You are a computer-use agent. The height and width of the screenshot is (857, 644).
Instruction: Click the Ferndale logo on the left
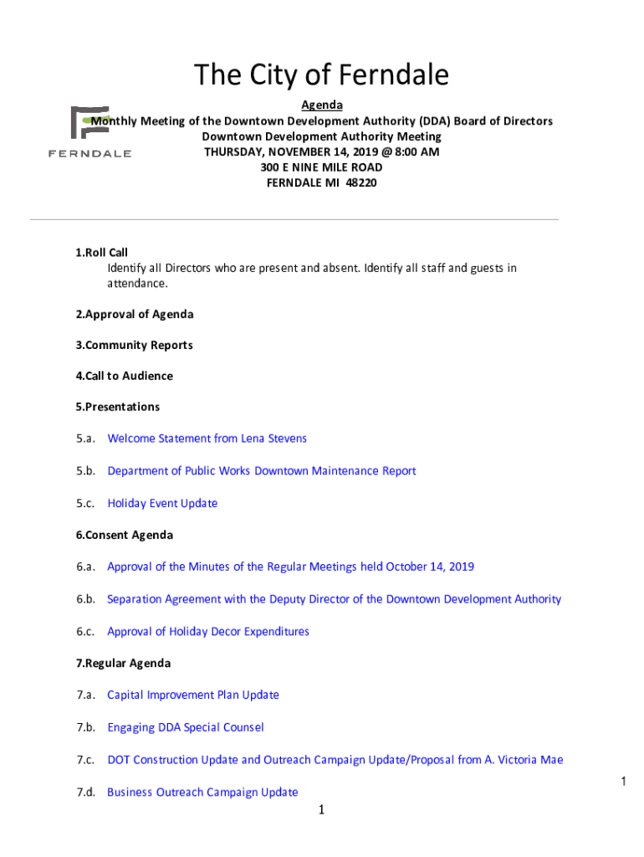(x=89, y=132)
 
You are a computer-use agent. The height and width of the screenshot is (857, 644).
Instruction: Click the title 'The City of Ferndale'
(x=322, y=76)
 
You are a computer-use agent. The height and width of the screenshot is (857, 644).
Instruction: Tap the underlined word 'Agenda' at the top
(x=322, y=105)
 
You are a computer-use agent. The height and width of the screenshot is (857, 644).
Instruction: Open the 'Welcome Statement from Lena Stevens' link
(x=207, y=439)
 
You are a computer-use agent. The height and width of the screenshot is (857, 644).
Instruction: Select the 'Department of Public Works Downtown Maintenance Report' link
(x=261, y=471)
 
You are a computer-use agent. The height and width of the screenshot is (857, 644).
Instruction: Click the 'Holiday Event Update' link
(x=162, y=504)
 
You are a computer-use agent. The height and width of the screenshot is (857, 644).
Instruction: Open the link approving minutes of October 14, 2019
(x=290, y=567)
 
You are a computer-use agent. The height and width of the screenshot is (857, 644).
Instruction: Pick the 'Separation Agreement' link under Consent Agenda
(x=334, y=599)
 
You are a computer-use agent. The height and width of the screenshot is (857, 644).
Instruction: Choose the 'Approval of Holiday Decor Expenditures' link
(x=208, y=632)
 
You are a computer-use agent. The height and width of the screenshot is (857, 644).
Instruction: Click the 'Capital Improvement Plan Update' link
(x=193, y=695)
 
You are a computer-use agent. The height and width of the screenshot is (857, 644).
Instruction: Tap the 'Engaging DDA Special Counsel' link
(x=186, y=728)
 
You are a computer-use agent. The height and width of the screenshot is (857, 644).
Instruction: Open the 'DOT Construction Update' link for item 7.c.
(x=335, y=760)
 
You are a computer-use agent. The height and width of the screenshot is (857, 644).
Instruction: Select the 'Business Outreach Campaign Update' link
(x=202, y=793)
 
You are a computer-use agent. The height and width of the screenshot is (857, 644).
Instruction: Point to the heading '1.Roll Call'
(x=101, y=253)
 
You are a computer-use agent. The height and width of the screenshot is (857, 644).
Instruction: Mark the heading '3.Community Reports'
(x=134, y=346)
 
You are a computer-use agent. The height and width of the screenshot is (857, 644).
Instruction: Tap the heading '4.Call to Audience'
(x=124, y=377)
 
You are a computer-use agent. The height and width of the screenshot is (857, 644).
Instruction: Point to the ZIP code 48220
(x=360, y=182)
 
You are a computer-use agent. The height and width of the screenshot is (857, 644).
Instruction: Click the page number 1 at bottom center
(x=321, y=810)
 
